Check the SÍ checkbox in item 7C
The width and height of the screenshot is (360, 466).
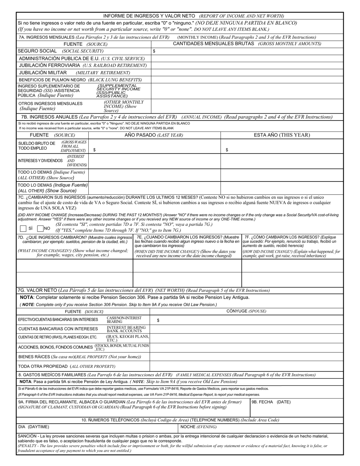coord(23,228)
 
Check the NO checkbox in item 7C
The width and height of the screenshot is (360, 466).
coord(40,228)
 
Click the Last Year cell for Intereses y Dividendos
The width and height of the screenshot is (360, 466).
coord(154,161)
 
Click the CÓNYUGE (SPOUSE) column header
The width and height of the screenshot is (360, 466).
coord(246,311)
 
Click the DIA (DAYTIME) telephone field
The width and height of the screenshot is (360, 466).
coord(97,427)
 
